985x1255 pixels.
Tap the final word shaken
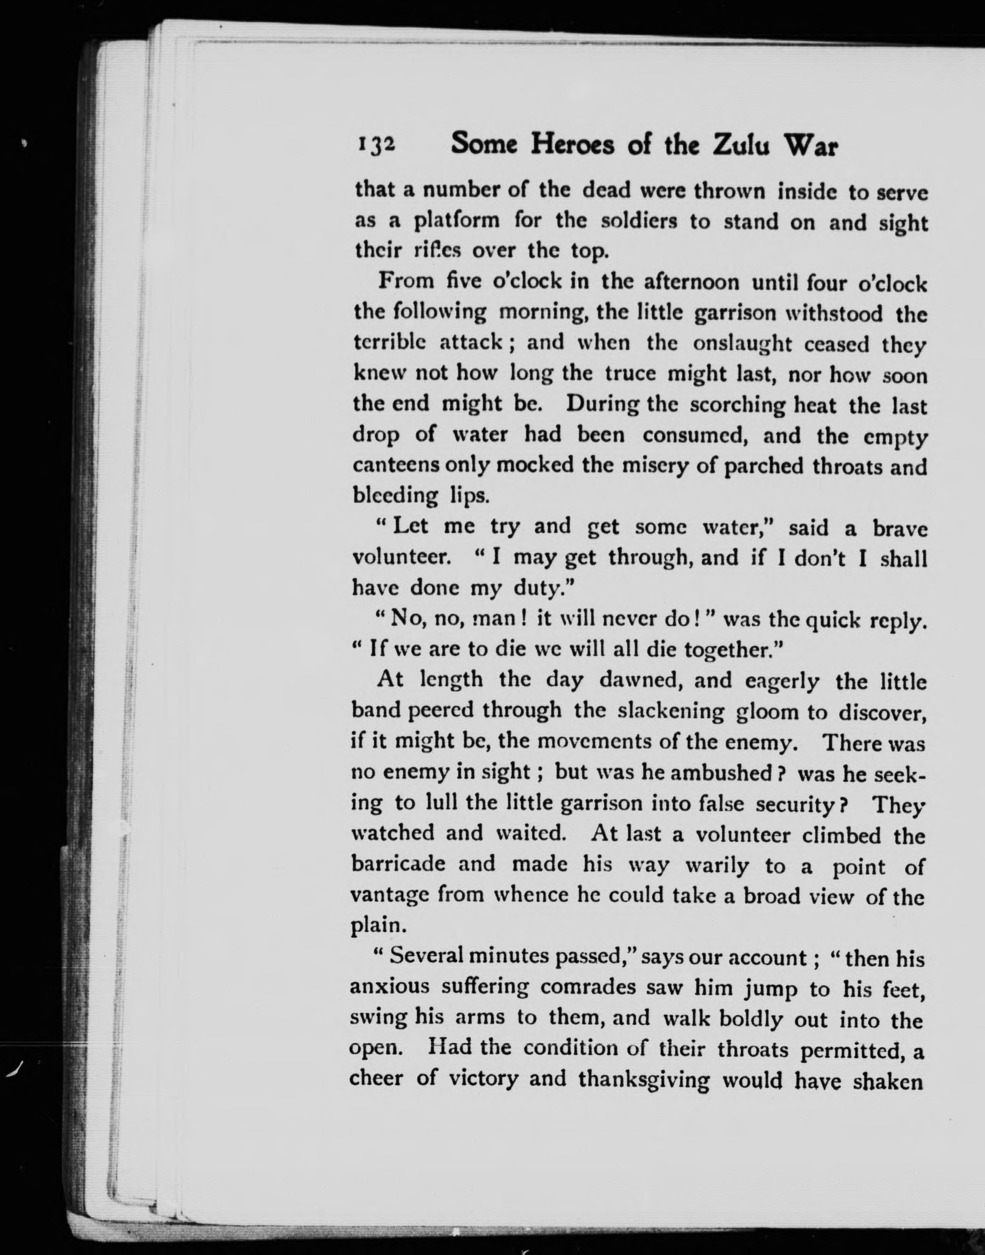click(x=889, y=1079)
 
